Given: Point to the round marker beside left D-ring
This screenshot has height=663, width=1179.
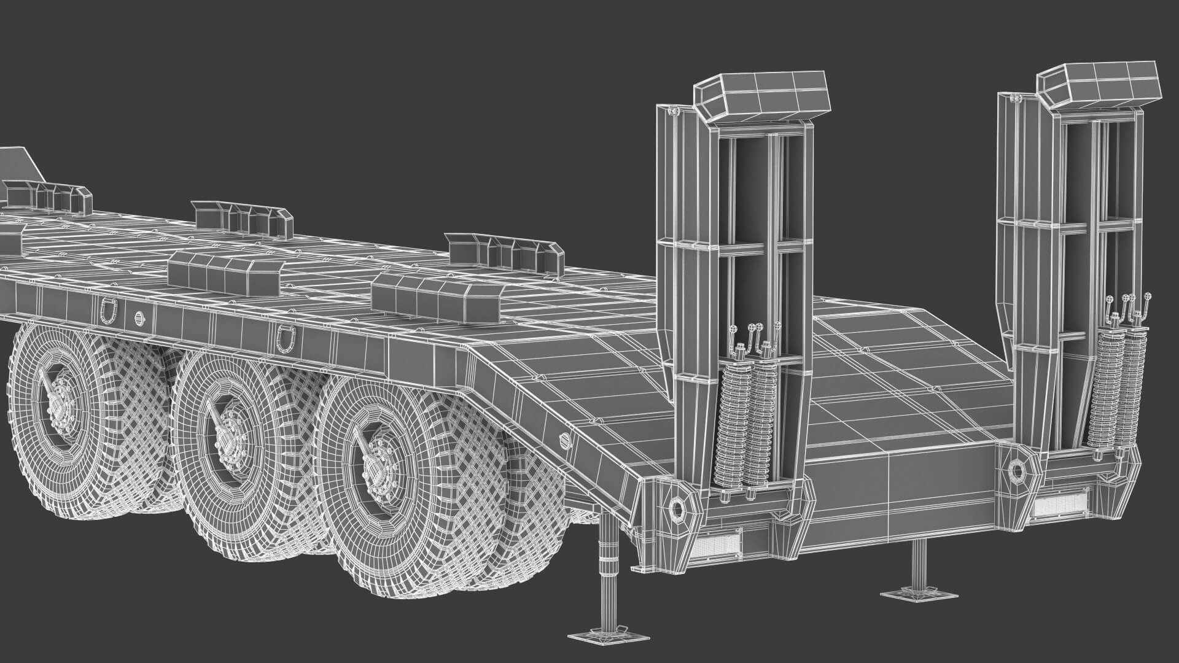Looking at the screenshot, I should pos(139,317).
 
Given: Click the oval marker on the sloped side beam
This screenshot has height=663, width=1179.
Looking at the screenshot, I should pos(566,439).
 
